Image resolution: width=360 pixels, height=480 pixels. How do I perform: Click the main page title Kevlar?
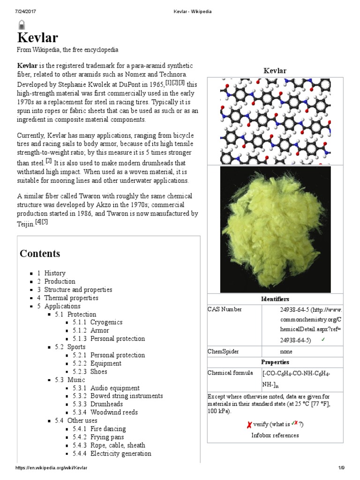(x=38, y=38)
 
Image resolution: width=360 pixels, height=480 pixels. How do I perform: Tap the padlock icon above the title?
(x=22, y=25)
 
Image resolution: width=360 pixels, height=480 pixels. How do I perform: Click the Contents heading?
(x=40, y=254)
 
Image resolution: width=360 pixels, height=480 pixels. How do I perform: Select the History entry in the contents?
(x=54, y=273)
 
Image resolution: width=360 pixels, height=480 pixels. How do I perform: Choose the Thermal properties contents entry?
(x=71, y=298)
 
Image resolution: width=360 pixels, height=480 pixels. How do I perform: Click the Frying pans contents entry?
(x=108, y=437)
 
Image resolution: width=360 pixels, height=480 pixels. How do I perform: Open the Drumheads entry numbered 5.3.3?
(x=106, y=404)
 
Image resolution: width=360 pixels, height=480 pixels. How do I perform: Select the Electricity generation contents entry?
(x=120, y=453)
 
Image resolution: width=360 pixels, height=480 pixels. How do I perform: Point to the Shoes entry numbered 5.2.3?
(x=98, y=372)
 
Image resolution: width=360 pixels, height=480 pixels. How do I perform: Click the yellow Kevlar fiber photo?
(x=275, y=229)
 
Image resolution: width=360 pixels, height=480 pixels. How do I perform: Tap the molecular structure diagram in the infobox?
(x=275, y=121)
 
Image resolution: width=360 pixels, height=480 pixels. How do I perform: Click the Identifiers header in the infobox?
(x=275, y=299)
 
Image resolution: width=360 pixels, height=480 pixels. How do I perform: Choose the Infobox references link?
(x=275, y=435)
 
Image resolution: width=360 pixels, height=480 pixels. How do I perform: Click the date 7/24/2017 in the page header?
(x=26, y=10)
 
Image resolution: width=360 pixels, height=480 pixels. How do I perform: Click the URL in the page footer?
(x=52, y=468)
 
